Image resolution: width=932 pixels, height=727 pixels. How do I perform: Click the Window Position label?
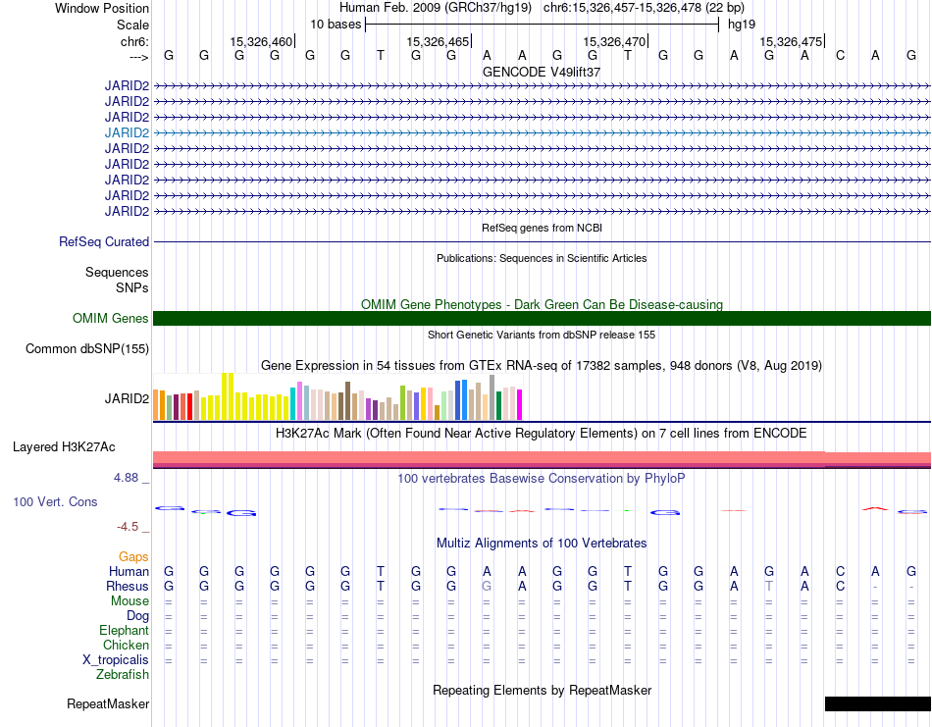pos(102,8)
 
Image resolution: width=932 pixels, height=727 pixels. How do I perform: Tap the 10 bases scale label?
pos(336,25)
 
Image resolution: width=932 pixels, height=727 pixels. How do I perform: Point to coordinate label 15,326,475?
pos(791,41)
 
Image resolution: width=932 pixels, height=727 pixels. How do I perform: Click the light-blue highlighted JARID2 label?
pos(127,132)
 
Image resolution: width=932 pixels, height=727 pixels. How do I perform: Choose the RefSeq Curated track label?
pos(104,242)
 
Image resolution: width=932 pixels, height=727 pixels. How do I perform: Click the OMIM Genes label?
pos(111,318)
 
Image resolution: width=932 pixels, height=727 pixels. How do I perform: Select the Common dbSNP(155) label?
pos(87,349)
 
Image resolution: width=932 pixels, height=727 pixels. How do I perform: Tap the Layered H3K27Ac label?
pos(64,447)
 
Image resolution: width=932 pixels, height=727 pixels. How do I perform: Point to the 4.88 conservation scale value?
pos(126,478)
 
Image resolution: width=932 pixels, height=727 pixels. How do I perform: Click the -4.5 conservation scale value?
pos(128,527)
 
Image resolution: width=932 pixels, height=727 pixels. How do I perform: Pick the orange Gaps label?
pos(133,556)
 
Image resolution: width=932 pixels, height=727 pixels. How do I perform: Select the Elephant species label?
pos(125,630)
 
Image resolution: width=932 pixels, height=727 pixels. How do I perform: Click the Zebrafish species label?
pos(123,674)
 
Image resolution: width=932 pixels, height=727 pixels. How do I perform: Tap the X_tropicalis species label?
pos(116,660)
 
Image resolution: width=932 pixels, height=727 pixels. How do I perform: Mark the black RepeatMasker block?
pos(878,703)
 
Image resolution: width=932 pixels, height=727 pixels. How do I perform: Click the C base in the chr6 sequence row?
pos(840,55)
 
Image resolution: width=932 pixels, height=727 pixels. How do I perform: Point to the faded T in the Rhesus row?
pos(769,586)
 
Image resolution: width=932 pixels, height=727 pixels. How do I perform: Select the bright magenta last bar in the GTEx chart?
pos(520,405)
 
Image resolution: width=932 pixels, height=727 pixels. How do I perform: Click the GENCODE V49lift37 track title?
pos(542,72)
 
